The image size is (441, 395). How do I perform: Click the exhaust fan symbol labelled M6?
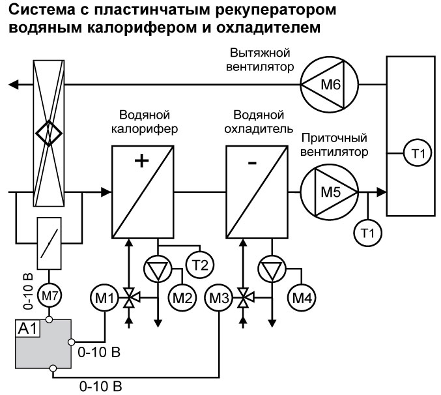click(328, 84)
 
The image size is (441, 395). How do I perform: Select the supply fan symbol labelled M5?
click(329, 192)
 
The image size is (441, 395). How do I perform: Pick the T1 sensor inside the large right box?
click(417, 154)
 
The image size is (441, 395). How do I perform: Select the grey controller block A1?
click(43, 344)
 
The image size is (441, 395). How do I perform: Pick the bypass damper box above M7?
click(48, 243)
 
